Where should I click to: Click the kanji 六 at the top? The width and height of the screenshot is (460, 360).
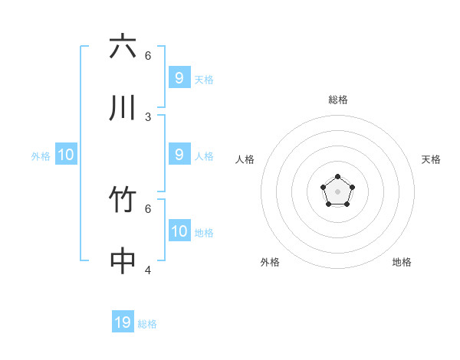click(123, 47)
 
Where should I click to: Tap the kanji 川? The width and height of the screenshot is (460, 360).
click(123, 109)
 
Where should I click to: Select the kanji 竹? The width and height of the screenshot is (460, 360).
click(123, 201)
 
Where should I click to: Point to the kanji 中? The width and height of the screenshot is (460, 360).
click(123, 262)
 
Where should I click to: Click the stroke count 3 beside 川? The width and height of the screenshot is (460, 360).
click(148, 117)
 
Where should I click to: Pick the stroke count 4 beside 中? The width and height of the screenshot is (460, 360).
click(148, 270)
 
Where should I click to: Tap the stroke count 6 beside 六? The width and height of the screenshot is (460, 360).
click(148, 55)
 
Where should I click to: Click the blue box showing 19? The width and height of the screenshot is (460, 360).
click(123, 322)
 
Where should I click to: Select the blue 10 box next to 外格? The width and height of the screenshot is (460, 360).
click(66, 155)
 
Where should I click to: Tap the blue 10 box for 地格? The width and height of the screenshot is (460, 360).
click(179, 231)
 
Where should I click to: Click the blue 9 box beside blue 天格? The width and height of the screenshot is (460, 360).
click(179, 78)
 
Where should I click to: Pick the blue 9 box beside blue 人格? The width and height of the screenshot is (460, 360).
click(179, 155)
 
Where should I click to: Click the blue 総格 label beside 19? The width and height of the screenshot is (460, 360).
click(147, 324)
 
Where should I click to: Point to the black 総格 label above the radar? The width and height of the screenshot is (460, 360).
click(338, 100)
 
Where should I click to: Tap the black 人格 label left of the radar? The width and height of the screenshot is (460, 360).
click(245, 159)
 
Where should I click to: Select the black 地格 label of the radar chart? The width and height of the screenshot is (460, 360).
click(402, 262)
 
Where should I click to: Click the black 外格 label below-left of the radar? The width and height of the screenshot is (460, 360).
click(270, 262)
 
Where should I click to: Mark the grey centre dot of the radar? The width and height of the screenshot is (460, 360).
click(337, 191)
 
